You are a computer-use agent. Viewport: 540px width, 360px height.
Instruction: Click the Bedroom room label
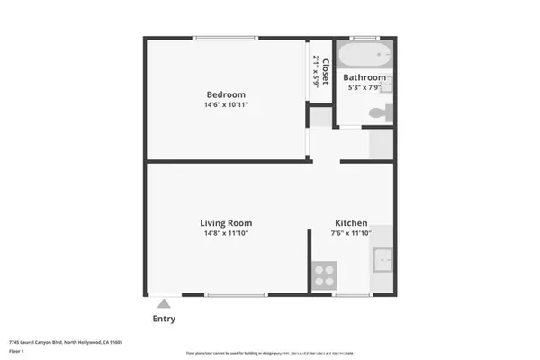pos(226,94)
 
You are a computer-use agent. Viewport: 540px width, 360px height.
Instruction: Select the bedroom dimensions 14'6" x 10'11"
pos(226,105)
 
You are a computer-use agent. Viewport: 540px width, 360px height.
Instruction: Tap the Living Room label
pos(226,223)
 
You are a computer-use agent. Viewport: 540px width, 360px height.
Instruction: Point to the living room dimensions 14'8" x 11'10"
pos(226,234)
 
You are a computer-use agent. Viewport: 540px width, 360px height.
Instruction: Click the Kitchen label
pos(351,223)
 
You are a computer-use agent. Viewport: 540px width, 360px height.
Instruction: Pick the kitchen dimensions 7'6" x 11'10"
pos(351,234)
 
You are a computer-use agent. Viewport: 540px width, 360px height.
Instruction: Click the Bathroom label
pos(366,78)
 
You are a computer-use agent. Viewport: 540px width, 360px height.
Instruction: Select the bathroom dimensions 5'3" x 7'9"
pos(365,88)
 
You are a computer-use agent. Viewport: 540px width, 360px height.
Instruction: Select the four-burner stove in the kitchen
pos(324,274)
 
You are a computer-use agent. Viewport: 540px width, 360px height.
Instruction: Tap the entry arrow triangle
pos(164,303)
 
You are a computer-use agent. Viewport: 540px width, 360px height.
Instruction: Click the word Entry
pos(164,319)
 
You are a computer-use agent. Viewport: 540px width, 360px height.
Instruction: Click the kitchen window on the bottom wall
pos(351,294)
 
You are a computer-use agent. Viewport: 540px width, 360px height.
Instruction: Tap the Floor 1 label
pos(16,351)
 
